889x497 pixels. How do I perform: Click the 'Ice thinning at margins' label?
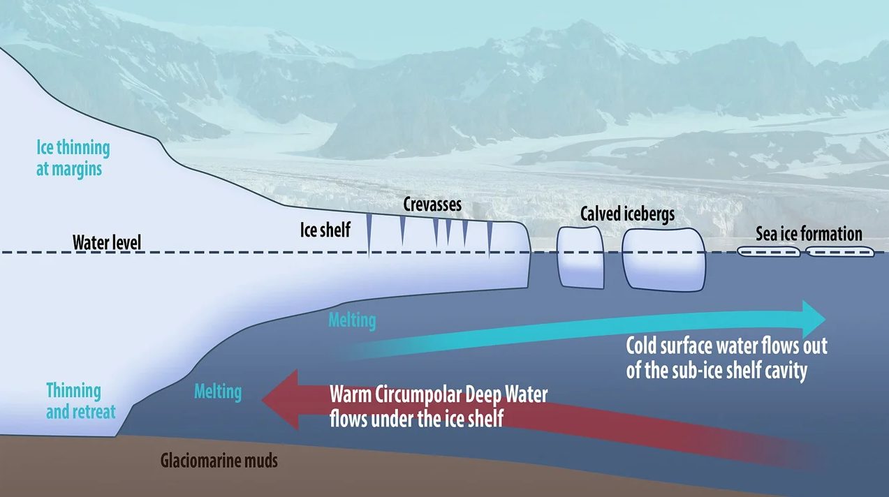click(x=73, y=158)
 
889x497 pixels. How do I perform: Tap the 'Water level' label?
click(x=107, y=243)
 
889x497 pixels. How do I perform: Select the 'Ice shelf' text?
click(x=325, y=229)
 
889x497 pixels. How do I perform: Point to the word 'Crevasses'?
click(x=432, y=206)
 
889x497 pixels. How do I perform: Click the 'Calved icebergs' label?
click(x=627, y=214)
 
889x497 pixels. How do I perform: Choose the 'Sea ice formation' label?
click(x=809, y=234)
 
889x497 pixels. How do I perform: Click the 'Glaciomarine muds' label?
click(x=219, y=461)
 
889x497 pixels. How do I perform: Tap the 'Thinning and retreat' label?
click(x=80, y=401)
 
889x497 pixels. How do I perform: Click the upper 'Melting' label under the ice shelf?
click(x=352, y=320)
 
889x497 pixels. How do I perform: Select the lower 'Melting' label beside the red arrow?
click(x=218, y=391)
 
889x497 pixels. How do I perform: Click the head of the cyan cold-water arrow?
click(x=813, y=319)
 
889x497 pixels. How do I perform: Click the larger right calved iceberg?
click(x=664, y=258)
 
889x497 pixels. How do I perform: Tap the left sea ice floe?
click(x=768, y=252)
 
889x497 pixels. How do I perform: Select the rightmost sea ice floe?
click(x=840, y=252)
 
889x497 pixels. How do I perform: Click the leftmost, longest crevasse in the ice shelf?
click(x=369, y=235)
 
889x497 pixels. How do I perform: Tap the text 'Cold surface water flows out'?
click(x=726, y=346)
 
